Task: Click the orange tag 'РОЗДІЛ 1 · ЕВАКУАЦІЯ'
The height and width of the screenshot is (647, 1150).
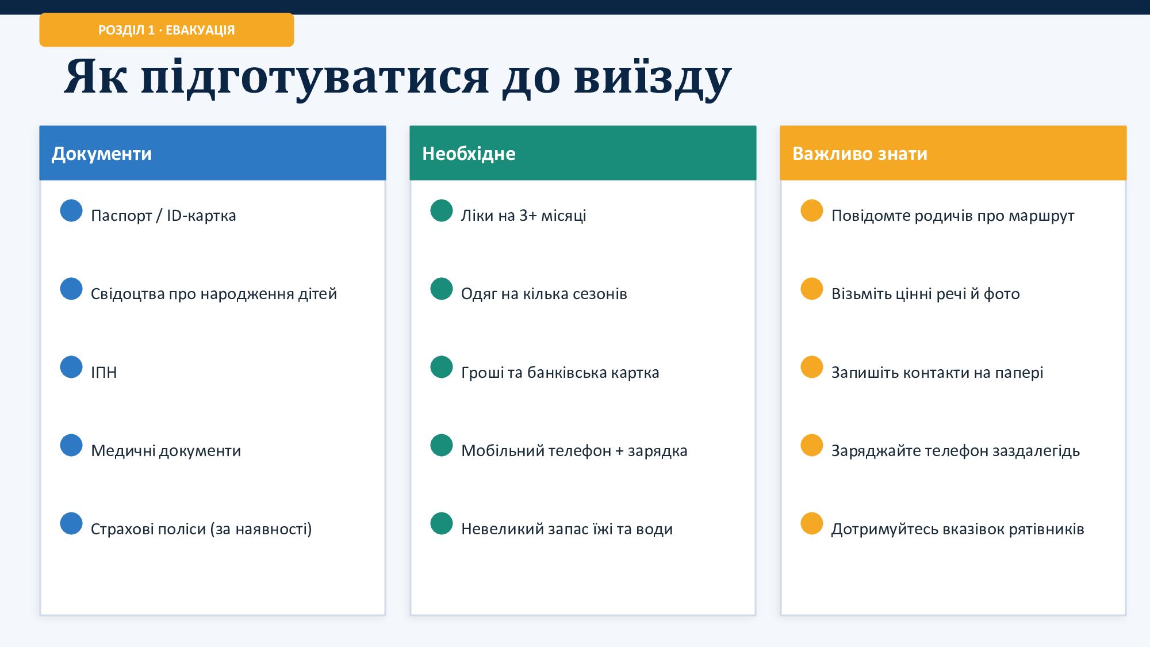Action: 167,30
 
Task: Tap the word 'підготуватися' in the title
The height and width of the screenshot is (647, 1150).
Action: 315,78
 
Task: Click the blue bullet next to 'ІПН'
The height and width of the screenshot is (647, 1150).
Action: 71,367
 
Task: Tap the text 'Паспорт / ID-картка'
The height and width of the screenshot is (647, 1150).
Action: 163,216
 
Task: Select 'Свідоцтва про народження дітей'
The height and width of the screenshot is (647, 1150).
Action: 214,294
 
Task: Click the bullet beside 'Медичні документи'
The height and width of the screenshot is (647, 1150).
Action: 71,445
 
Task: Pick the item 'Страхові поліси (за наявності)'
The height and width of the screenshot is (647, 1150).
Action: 201,529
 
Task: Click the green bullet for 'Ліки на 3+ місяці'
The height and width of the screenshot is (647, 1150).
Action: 442,210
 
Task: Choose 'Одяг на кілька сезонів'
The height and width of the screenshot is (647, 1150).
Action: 544,294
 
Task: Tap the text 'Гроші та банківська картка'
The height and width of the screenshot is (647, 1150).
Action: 560,373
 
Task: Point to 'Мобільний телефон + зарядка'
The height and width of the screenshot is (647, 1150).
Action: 574,451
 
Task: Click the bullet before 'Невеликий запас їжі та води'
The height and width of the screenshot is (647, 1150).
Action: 442,523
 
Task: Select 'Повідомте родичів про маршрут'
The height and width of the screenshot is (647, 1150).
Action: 953,216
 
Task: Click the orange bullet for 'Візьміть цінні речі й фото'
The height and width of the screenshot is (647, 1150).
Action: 812,289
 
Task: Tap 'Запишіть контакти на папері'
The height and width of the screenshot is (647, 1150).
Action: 937,373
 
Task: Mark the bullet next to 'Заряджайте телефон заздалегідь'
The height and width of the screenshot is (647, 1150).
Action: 812,445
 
